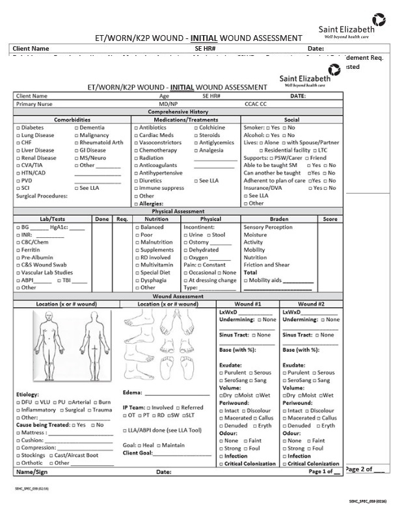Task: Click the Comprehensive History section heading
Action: click(x=178, y=112)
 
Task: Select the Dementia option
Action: click(x=76, y=128)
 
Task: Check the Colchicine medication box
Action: click(x=196, y=128)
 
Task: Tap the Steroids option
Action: click(x=196, y=135)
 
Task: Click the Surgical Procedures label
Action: click(x=42, y=195)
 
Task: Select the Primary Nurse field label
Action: click(x=34, y=104)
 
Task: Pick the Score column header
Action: click(x=330, y=219)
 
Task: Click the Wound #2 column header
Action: click(x=311, y=304)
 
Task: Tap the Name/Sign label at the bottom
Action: click(x=32, y=471)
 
